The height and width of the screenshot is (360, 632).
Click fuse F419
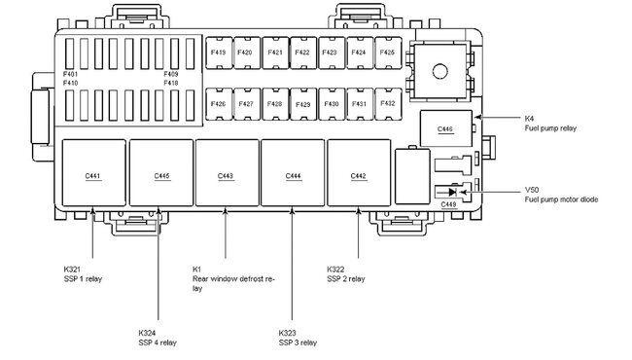pos(219,53)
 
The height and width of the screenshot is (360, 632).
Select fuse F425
pos(388,53)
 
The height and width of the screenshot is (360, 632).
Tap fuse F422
pos(303,53)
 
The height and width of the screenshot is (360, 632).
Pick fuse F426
pos(219,104)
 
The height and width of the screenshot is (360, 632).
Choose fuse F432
pos(388,104)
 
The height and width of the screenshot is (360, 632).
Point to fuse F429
pos(303,104)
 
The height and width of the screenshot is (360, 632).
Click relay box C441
pos(93,172)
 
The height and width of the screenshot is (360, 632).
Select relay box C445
pos(161,172)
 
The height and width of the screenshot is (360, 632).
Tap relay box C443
pos(227,172)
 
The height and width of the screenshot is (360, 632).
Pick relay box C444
pos(293,172)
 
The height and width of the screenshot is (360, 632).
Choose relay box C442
pos(359,172)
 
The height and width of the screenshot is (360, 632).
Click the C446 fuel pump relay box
pos(445,128)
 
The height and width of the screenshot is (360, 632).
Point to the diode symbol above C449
pos(452,192)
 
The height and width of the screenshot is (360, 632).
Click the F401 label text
pos(71,74)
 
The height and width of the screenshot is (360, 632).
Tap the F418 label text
pos(171,83)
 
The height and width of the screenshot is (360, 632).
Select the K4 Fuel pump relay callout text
pos(550,124)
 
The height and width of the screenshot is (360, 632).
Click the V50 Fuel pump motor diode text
pos(561,195)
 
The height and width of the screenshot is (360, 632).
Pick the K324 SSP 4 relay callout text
pos(158,338)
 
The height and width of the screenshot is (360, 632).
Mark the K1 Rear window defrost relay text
pos(233,278)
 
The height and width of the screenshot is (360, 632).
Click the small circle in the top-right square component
pos(439,71)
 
